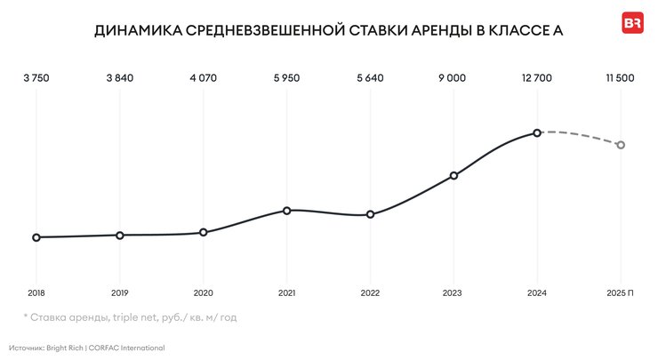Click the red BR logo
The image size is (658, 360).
tap(632, 24)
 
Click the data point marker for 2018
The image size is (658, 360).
tap(36, 237)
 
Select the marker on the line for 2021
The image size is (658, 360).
tap(286, 211)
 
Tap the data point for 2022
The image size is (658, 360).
tap(370, 214)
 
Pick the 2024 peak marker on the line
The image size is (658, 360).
tap(537, 133)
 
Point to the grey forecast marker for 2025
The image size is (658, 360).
tap(621, 145)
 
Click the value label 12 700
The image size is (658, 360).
tap(537, 78)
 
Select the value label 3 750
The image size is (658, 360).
tap(36, 78)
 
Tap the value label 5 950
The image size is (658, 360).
tap(286, 78)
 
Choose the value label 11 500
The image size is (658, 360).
tap(620, 78)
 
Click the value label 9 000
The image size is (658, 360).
tap(453, 78)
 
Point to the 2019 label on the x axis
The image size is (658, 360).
tap(119, 292)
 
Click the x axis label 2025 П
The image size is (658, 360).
tap(620, 292)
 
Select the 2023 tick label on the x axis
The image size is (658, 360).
tap(453, 292)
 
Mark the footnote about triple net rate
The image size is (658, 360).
tap(130, 316)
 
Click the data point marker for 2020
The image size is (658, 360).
tap(203, 232)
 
